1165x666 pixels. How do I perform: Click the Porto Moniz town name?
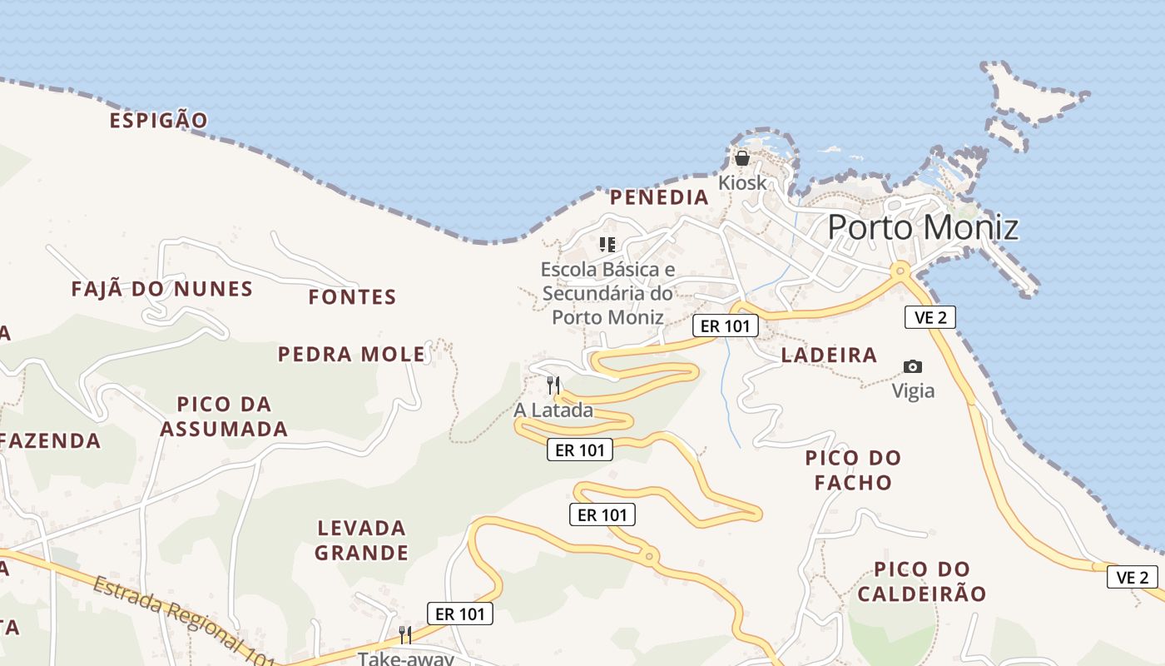coord(923,226)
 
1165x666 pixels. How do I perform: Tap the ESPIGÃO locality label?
coord(158,120)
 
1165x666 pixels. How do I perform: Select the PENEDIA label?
coord(659,197)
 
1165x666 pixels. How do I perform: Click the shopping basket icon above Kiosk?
coord(741,157)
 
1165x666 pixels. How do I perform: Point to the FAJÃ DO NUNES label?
coord(161,290)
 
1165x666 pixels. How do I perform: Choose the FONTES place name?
coord(352,297)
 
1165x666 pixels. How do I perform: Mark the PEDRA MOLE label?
coord(351,355)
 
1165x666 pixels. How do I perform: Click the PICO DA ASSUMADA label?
coord(224,416)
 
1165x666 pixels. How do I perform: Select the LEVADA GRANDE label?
coord(362,540)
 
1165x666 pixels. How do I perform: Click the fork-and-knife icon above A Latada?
coord(553,385)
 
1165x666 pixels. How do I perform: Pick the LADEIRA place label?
coord(829,355)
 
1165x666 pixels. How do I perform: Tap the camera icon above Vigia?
coord(913,366)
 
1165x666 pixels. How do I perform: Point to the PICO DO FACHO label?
coord(853,470)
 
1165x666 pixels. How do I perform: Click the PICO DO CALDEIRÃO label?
coord(922,581)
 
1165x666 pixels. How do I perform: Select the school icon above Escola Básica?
coord(607,244)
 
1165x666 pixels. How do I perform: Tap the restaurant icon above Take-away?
coord(405,635)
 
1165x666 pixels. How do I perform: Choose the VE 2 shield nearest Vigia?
coord(930,317)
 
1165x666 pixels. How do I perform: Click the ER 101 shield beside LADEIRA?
coord(726,326)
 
